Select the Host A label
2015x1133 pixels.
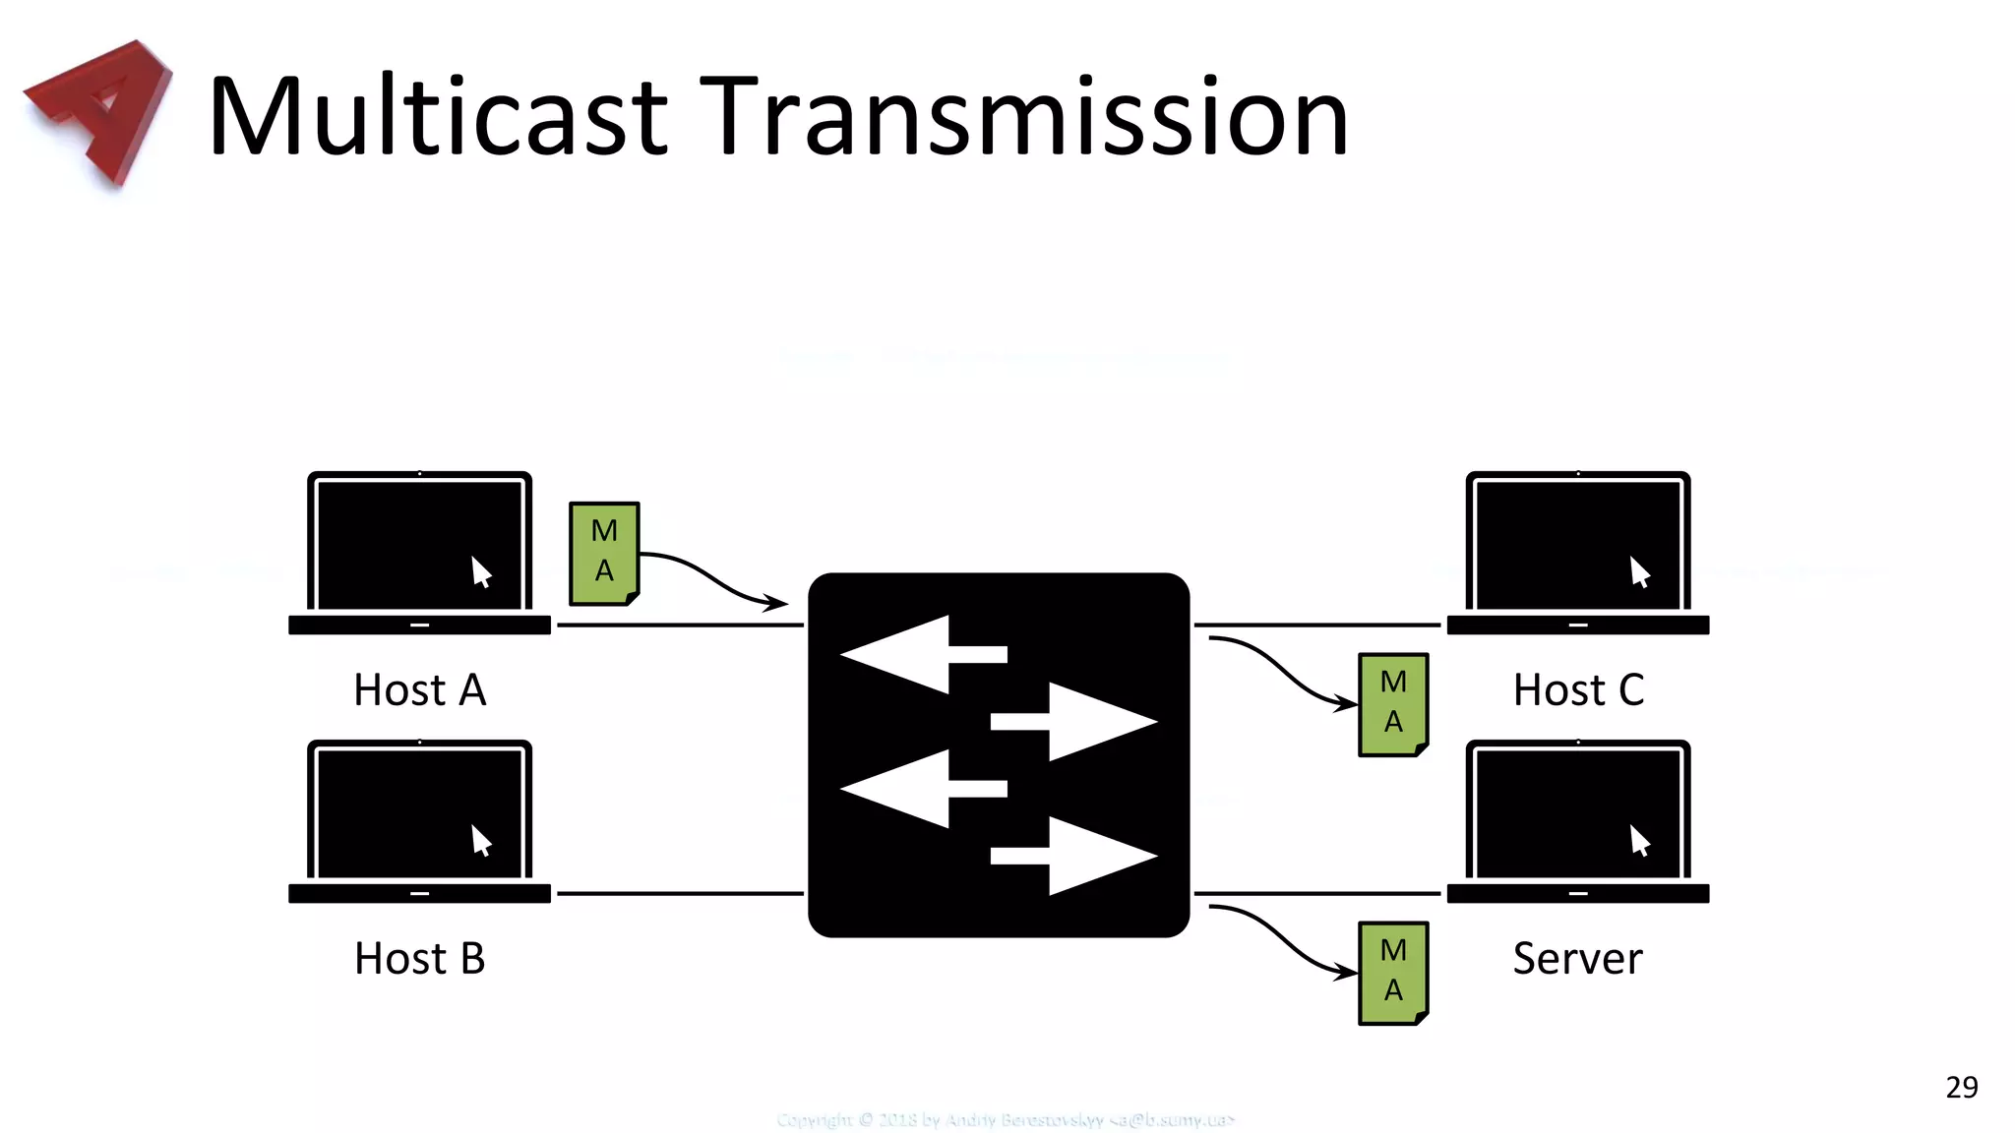click(x=420, y=689)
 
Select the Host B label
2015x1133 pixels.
click(x=420, y=958)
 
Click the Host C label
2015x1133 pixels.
click(x=1578, y=689)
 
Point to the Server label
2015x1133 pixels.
click(x=1577, y=958)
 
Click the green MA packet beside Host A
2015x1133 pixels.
click(x=604, y=553)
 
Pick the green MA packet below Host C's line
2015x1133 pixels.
click(x=1393, y=703)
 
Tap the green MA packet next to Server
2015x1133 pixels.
click(x=1393, y=972)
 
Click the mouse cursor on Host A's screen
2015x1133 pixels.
click(x=480, y=571)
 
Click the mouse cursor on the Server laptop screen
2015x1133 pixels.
click(x=1639, y=840)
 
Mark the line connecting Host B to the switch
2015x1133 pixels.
click(x=679, y=893)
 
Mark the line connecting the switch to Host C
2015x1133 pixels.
click(x=1316, y=625)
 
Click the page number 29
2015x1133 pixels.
click(x=1961, y=1087)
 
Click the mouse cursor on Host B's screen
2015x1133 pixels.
click(x=480, y=840)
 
